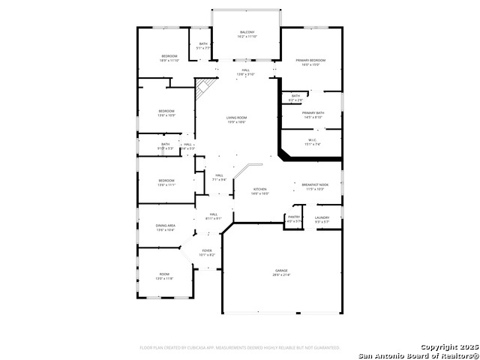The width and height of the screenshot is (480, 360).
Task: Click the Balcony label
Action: pyautogui.click(x=247, y=32)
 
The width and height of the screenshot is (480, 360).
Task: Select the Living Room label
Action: pyautogui.click(x=237, y=118)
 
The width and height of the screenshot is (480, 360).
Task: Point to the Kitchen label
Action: pyautogui.click(x=260, y=189)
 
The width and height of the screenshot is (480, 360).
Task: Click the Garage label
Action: pyautogui.click(x=281, y=270)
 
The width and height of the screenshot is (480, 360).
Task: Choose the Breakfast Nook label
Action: pyautogui.click(x=315, y=184)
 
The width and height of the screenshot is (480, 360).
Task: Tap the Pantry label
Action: pyautogui.click(x=294, y=217)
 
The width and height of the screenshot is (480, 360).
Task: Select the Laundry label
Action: pyautogui.click(x=322, y=217)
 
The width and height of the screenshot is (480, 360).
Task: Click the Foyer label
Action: pyautogui.click(x=207, y=250)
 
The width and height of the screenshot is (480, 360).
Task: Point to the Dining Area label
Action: pyautogui.click(x=166, y=225)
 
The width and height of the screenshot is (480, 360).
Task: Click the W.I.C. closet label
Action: pyautogui.click(x=313, y=139)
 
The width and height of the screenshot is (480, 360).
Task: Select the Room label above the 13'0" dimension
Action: pyautogui.click(x=164, y=274)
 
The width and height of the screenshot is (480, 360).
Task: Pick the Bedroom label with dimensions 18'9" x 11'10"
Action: pyautogui.click(x=169, y=56)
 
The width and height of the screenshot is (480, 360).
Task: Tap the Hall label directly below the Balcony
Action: pyautogui.click(x=246, y=70)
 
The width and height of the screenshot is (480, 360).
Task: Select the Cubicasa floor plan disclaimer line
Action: pyautogui.click(x=240, y=347)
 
